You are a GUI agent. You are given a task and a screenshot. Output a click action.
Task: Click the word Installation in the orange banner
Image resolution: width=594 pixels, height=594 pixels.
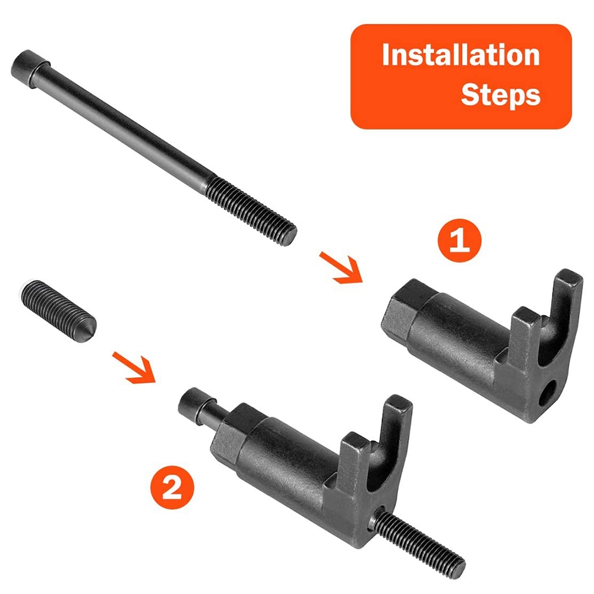pos(461,55)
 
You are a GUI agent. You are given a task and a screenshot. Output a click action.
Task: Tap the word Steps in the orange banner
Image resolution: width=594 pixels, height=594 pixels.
pos(500,95)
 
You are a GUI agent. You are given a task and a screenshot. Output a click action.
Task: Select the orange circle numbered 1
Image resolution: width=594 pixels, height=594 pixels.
pos(460,240)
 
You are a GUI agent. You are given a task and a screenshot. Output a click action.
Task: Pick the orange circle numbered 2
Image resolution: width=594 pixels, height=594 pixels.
pos(172,487)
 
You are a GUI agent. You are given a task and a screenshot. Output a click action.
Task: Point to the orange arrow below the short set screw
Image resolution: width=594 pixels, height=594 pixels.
pos(135,368)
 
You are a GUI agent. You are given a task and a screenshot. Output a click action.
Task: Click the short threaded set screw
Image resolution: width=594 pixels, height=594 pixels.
pos(59,311)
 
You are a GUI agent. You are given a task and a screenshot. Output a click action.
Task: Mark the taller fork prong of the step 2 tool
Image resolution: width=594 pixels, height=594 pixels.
pos(395,428)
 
